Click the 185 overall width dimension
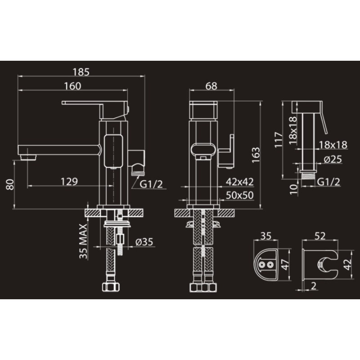click(81, 72)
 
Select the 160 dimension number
click(72, 86)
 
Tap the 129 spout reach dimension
click(69, 182)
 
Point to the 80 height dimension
click(10, 184)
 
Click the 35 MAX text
click(83, 241)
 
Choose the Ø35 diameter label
click(144, 242)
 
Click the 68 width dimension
click(211, 86)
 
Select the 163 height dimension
click(256, 155)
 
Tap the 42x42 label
click(240, 182)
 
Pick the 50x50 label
click(240, 195)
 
